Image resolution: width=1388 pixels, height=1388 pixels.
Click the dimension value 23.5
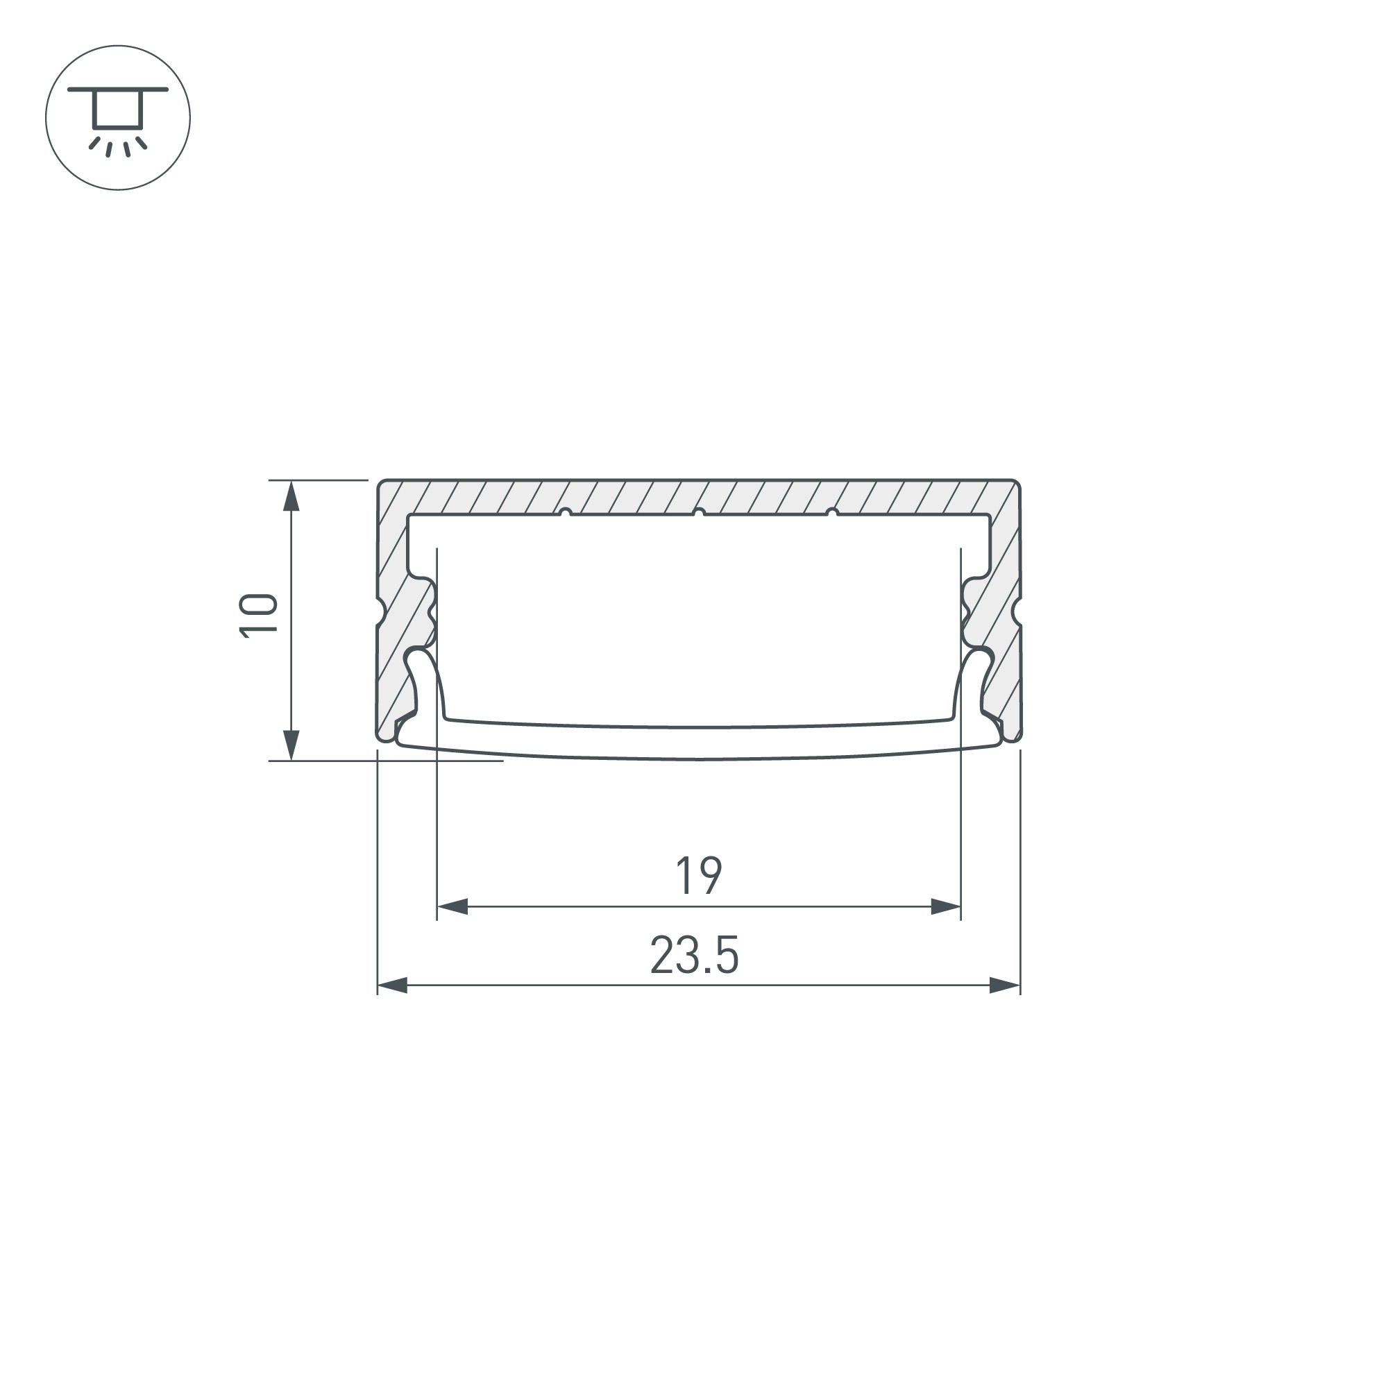pos(694,955)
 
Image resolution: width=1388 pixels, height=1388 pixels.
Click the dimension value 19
pos(698,876)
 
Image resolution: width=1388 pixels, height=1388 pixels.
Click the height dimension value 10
pos(258,616)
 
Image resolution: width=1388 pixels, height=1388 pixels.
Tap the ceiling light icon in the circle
pos(118,118)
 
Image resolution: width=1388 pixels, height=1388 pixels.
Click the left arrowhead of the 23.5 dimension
pos(392,985)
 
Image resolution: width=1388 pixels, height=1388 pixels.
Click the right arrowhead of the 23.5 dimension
pos(1005,985)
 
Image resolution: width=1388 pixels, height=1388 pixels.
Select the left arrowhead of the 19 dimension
pos(452,906)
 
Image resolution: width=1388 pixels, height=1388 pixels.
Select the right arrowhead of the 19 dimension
pos(945,906)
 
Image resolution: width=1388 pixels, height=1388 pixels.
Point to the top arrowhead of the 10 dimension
pos(291,496)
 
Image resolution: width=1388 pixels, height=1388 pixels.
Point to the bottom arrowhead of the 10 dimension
pos(291,745)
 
